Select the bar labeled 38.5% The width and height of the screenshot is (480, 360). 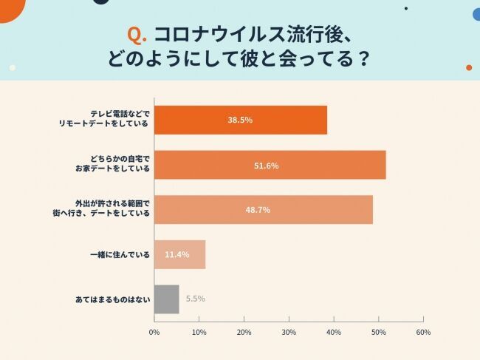point(240,120)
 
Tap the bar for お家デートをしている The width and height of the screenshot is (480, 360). point(270,165)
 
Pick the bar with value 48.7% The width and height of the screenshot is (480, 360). point(263,210)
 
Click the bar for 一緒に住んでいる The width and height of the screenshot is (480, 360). point(179,254)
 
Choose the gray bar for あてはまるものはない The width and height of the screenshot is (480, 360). point(166,299)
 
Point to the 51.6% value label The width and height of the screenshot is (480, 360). point(266,166)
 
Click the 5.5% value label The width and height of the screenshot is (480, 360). point(195,299)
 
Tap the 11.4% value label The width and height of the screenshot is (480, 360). point(177,254)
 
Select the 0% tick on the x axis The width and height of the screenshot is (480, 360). point(154,332)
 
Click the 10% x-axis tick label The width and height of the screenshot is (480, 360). point(199,332)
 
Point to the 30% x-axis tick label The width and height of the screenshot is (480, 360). point(289,332)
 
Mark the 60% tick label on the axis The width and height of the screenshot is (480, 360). point(423,332)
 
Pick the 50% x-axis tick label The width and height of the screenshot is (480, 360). point(378,332)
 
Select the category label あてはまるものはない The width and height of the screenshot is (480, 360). point(112,299)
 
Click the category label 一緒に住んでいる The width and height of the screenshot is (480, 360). point(119,254)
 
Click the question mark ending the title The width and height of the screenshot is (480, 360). point(363,59)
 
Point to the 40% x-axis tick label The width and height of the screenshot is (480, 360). point(334,332)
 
